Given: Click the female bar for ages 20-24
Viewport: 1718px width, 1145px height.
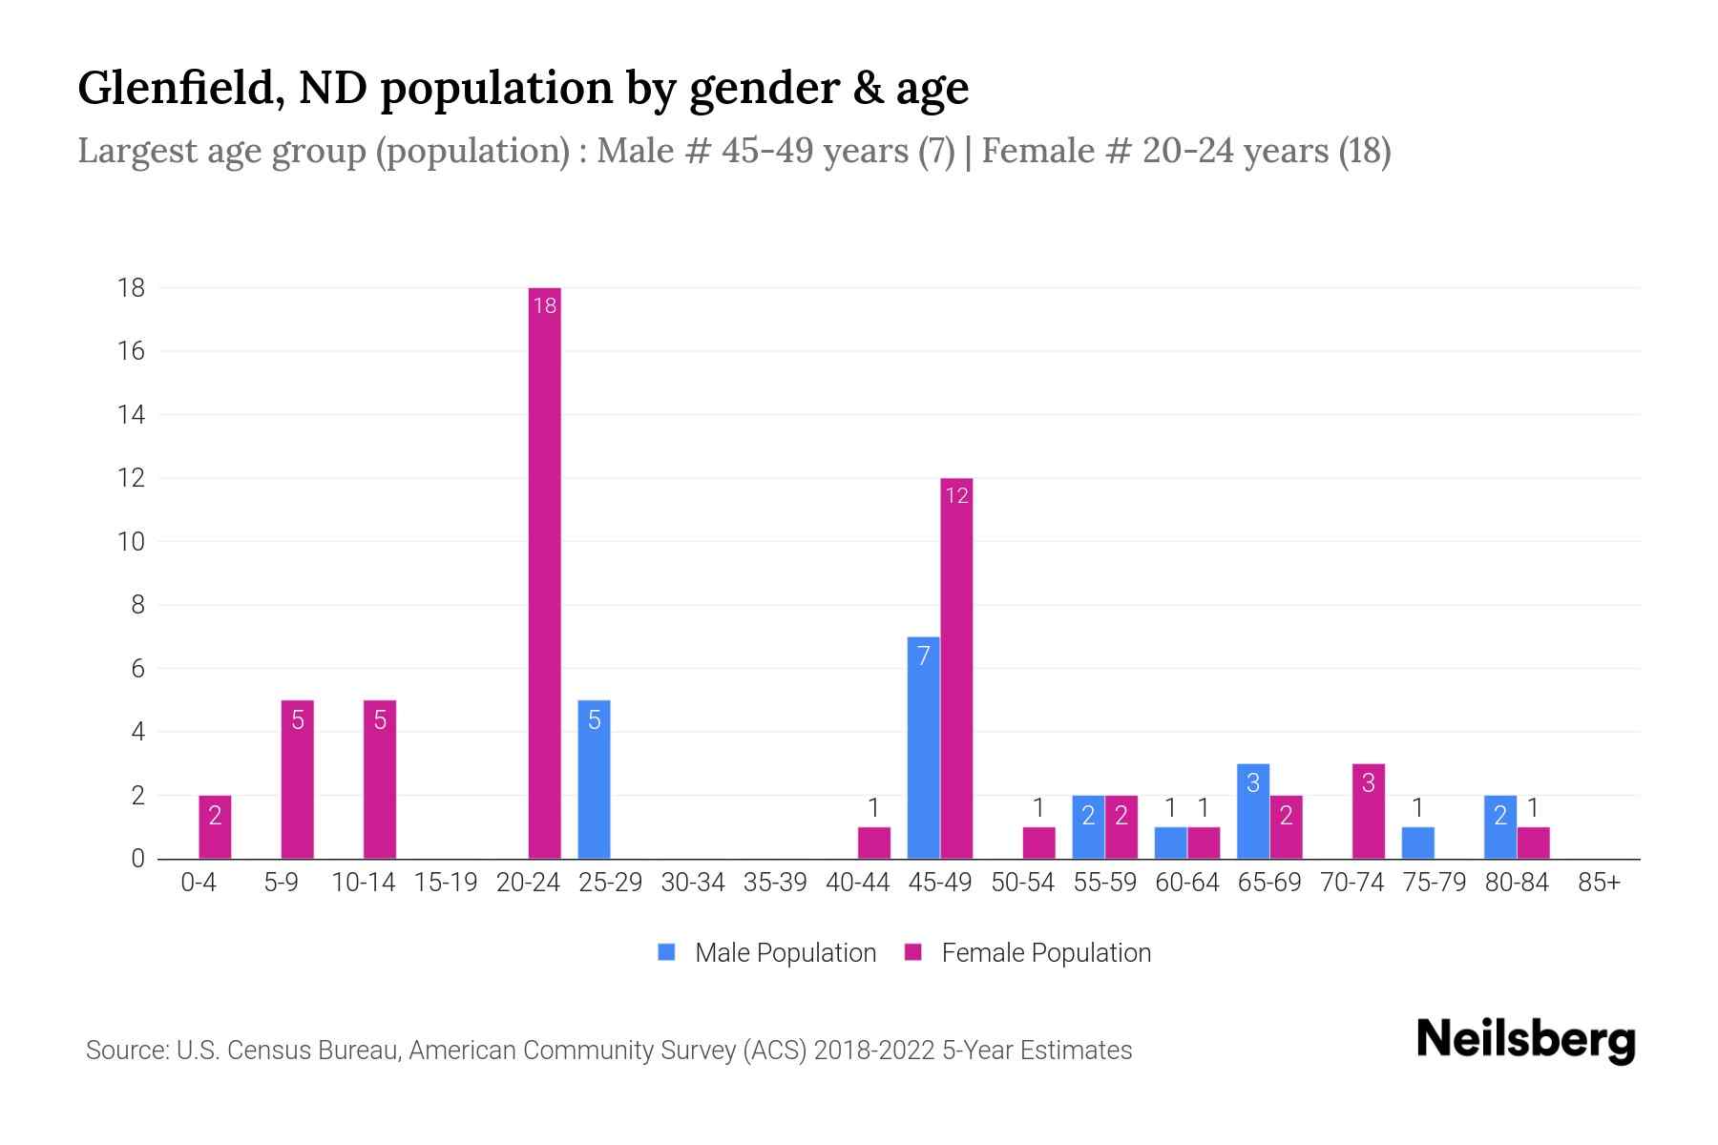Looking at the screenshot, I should [x=544, y=572].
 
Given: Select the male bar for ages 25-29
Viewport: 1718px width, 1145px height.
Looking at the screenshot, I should [x=594, y=779].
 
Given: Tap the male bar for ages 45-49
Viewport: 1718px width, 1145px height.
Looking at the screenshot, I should [x=923, y=747].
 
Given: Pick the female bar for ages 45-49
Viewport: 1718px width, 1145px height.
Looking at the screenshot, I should [x=956, y=668].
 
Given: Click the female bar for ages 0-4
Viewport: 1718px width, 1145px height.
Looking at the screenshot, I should [x=215, y=826].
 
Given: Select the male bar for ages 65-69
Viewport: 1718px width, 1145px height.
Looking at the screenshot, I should [x=1252, y=811].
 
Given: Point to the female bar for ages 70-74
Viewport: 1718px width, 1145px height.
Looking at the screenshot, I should [x=1368, y=811].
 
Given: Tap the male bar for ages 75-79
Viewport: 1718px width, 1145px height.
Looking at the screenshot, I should [x=1417, y=843].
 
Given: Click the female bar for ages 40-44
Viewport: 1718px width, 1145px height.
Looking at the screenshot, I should [x=873, y=843].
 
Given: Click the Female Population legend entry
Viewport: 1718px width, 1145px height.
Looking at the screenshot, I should [x=1028, y=952].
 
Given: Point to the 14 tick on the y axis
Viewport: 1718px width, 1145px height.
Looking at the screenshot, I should [x=132, y=414].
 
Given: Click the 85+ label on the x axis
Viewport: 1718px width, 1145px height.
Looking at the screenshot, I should [x=1599, y=883].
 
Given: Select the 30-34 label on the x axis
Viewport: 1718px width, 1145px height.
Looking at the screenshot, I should [x=693, y=883].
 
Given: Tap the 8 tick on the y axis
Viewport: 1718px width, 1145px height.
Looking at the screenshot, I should [x=137, y=605].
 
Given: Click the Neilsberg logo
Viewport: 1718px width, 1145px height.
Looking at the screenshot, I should [x=1525, y=1040].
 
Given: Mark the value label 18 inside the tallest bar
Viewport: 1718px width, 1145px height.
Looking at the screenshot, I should [x=544, y=305].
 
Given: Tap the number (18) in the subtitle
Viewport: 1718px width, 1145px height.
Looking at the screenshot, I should [x=1364, y=151].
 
